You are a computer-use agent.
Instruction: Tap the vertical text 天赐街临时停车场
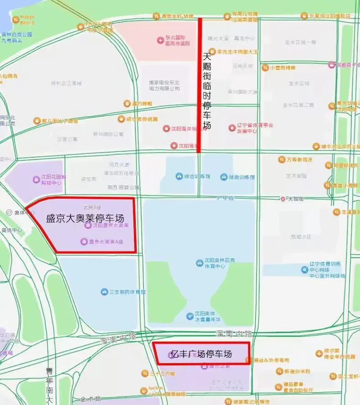coord(207,91)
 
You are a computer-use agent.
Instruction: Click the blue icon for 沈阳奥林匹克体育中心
coord(199,263)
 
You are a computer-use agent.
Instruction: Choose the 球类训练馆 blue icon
coord(223,176)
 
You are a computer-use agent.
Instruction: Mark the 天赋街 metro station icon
coord(283,199)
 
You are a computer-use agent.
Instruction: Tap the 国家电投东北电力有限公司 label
coord(164,86)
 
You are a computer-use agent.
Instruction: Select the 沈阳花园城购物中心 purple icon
coord(36,179)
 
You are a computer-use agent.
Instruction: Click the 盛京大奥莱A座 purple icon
coord(83,241)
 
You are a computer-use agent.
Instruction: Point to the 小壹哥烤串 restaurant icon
coord(265,68)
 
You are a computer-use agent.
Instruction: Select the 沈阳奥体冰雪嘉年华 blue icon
coord(190,316)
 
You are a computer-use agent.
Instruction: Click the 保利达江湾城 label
coord(66,83)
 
